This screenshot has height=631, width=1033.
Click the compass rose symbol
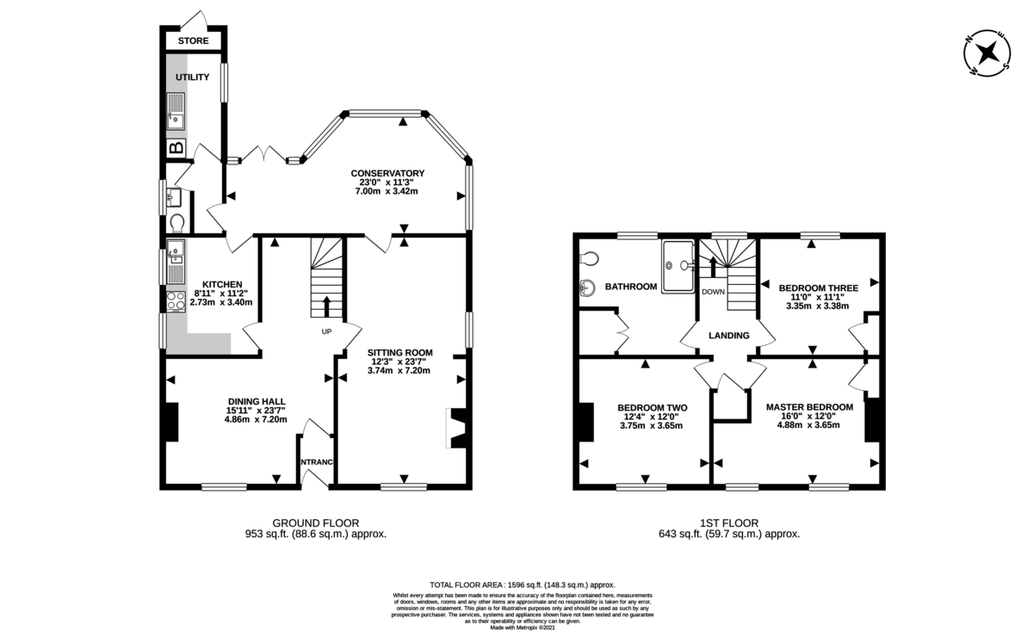(986, 54)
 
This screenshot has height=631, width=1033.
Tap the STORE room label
(194, 40)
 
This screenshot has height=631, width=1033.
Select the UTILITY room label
(193, 77)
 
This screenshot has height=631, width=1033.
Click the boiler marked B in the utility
(176, 148)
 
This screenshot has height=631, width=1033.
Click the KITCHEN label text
(222, 284)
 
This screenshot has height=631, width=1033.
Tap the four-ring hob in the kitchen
(175, 301)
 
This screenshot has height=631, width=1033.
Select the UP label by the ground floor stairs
(326, 331)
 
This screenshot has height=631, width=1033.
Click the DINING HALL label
(257, 401)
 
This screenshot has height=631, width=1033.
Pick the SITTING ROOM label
(399, 352)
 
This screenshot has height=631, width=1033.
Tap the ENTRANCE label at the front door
(316, 463)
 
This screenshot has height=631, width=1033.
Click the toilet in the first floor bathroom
(589, 257)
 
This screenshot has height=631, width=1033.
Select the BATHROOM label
(631, 287)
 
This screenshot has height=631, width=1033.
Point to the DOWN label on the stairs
(713, 292)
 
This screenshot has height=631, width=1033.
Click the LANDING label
(729, 335)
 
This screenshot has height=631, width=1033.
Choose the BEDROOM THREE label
(816, 288)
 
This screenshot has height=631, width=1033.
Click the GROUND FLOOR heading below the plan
(316, 523)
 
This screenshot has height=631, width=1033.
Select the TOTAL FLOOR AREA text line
(523, 585)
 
